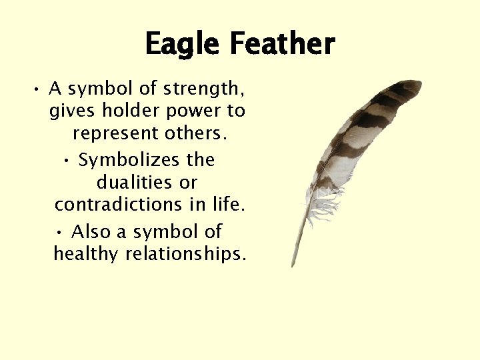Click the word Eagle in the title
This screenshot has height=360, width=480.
183,44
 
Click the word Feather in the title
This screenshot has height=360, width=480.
283,44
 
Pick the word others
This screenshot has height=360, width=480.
195,133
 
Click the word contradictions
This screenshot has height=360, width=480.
119,204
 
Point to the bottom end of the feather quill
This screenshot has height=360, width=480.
293,265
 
